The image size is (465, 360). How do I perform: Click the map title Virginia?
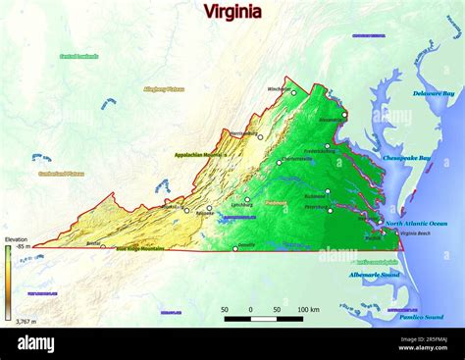point(232,12)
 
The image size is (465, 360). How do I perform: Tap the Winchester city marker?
point(293,93)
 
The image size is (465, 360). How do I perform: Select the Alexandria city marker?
point(344,114)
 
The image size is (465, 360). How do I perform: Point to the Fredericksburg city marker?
point(328,146)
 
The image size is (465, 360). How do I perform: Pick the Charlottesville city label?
point(296,158)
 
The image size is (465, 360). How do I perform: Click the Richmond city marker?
point(327,191)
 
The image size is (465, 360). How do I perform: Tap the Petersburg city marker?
point(330,210)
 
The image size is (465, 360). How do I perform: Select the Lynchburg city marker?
point(247,199)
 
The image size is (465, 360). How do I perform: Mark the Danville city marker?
point(235,248)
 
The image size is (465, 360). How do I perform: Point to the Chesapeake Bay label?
point(406,158)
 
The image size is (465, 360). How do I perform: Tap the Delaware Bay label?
point(433,93)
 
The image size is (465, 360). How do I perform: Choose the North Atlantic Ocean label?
point(416,224)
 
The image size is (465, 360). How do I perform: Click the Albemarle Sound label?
point(374,275)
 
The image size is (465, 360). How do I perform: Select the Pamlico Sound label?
point(421,317)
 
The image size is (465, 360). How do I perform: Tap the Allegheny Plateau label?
point(164,89)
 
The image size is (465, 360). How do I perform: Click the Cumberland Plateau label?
point(61,174)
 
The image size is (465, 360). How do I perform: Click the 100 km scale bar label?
point(307,309)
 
